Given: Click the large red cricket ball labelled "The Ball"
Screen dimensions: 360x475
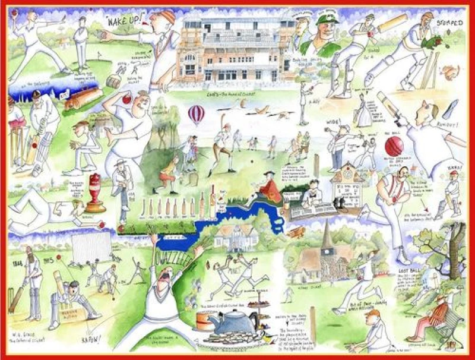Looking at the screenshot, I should coord(394,144).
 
